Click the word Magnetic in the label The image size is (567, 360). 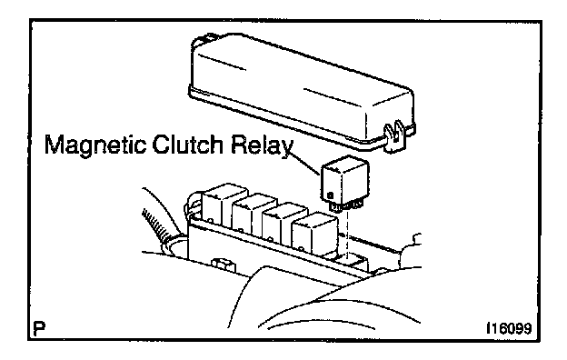(95, 145)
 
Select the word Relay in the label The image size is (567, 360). (263, 145)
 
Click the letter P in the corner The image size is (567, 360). (39, 328)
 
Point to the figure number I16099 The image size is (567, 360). (509, 328)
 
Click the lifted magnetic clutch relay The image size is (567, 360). (345, 181)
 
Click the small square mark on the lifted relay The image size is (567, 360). (330, 195)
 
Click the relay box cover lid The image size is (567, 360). (300, 90)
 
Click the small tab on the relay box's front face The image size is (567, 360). (224, 265)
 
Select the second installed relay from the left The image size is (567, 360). (254, 215)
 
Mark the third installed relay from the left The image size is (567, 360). (283, 224)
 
